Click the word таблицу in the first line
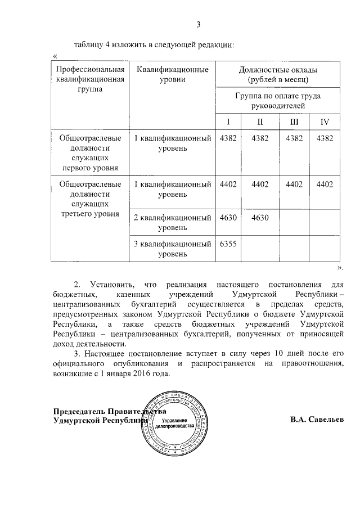point(88,44)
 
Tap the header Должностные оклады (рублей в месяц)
point(278,75)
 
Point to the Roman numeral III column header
point(294,122)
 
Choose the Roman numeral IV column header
point(325,122)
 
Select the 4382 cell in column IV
point(325,138)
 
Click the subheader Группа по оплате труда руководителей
point(278,101)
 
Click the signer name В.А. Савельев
point(317,420)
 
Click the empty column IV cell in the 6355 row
point(325,248)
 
